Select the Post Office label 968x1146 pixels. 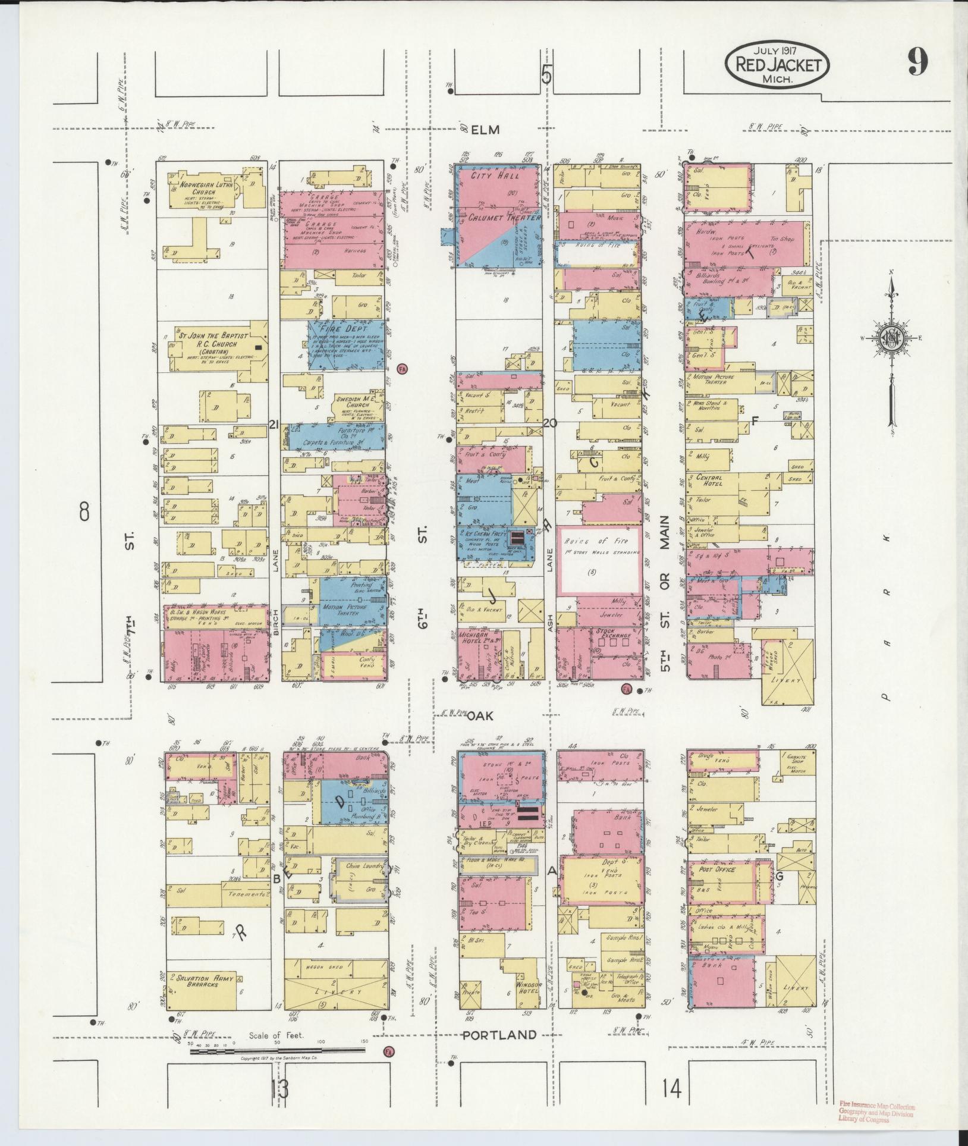point(717,870)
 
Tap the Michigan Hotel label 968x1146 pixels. point(478,637)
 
